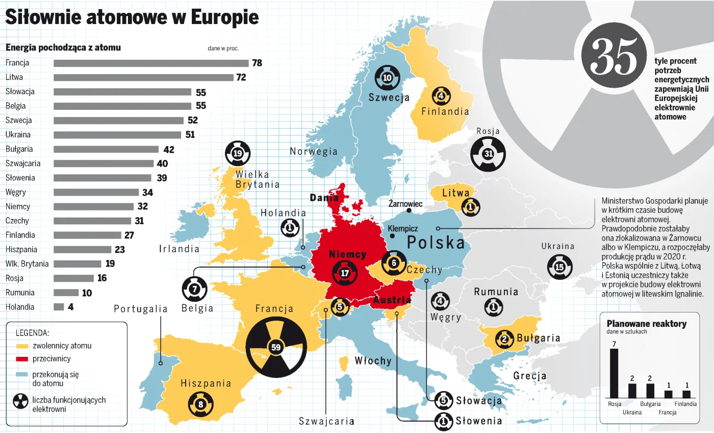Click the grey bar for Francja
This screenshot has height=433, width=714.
151,63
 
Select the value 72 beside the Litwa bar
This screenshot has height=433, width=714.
241,78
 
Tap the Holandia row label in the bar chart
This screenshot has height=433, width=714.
20,307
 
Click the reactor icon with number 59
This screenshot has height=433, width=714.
276,347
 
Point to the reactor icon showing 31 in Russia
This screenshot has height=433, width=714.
488,153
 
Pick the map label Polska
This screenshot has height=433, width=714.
436,242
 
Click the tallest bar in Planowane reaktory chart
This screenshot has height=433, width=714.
614,373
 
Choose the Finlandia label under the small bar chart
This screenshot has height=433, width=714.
685,404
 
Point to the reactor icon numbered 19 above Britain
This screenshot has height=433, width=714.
237,153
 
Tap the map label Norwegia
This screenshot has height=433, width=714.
314,151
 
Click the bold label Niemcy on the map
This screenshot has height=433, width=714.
348,254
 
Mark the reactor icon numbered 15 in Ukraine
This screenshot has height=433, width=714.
559,267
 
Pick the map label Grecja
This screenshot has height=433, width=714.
530,376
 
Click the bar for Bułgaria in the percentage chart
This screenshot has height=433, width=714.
106,150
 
